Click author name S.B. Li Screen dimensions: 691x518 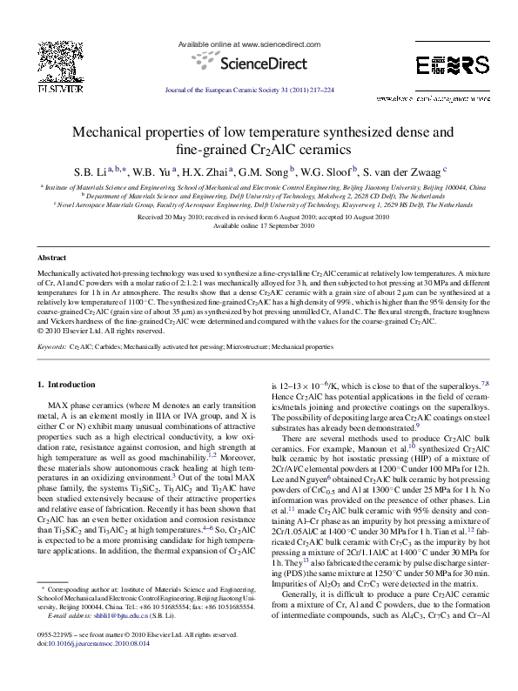point(96,171)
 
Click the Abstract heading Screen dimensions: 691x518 point(51,258)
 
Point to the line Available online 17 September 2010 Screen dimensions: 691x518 point(258,225)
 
